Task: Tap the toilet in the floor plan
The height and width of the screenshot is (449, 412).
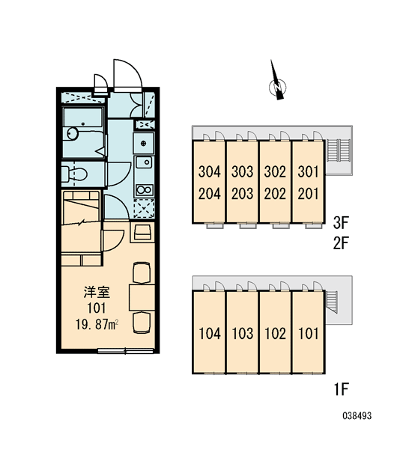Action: (74, 174)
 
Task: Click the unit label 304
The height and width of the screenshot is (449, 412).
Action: (210, 172)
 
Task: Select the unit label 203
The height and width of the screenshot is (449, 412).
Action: (243, 194)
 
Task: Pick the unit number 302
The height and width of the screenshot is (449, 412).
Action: (275, 172)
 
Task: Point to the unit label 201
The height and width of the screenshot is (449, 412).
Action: (308, 194)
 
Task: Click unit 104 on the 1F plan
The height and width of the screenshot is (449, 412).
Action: (210, 334)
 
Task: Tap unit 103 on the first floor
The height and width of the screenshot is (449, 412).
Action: (243, 334)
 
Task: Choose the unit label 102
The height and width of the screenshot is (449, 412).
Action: (275, 334)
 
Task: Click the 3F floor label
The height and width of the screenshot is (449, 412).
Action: (341, 222)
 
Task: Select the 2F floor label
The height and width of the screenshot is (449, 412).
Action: (341, 242)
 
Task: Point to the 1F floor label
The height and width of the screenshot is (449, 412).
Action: (341, 389)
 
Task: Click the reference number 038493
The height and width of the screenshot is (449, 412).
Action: (357, 415)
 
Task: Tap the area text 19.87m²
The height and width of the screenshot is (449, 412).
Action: (97, 325)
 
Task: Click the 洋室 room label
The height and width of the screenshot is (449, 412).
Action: (97, 292)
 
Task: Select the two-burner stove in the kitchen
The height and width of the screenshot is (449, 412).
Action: (145, 189)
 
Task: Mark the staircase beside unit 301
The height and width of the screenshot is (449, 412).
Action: (340, 150)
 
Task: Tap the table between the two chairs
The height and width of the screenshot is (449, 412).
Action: (142, 297)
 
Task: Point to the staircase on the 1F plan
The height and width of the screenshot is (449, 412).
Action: (333, 302)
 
